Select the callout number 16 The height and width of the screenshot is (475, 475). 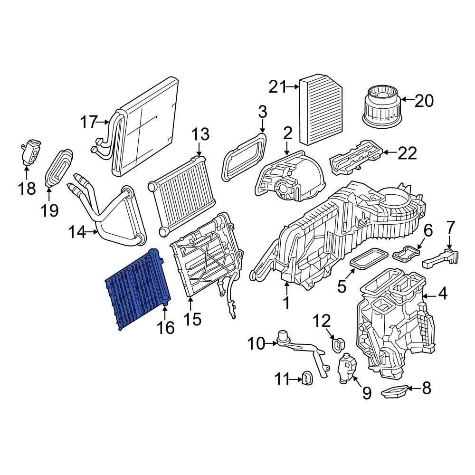click(166, 327)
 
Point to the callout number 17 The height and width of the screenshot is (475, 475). click(88, 122)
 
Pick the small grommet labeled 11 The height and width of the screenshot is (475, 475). click(306, 379)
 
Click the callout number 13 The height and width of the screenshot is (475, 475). click(200, 134)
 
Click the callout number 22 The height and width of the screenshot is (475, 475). click(407, 152)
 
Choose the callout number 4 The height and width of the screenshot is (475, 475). click(442, 294)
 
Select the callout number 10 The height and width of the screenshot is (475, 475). click(257, 343)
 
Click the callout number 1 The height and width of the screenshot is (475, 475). click(286, 303)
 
